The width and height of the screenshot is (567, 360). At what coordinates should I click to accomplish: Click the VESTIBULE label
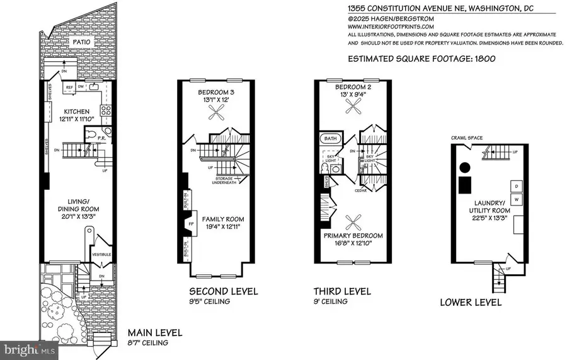102,254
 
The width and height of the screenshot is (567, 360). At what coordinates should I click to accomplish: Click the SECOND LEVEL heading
224,291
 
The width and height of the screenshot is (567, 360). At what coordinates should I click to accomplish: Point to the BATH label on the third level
329,139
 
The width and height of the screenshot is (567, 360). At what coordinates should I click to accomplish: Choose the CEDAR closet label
360,189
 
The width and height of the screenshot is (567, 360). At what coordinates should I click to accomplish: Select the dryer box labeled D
517,186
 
